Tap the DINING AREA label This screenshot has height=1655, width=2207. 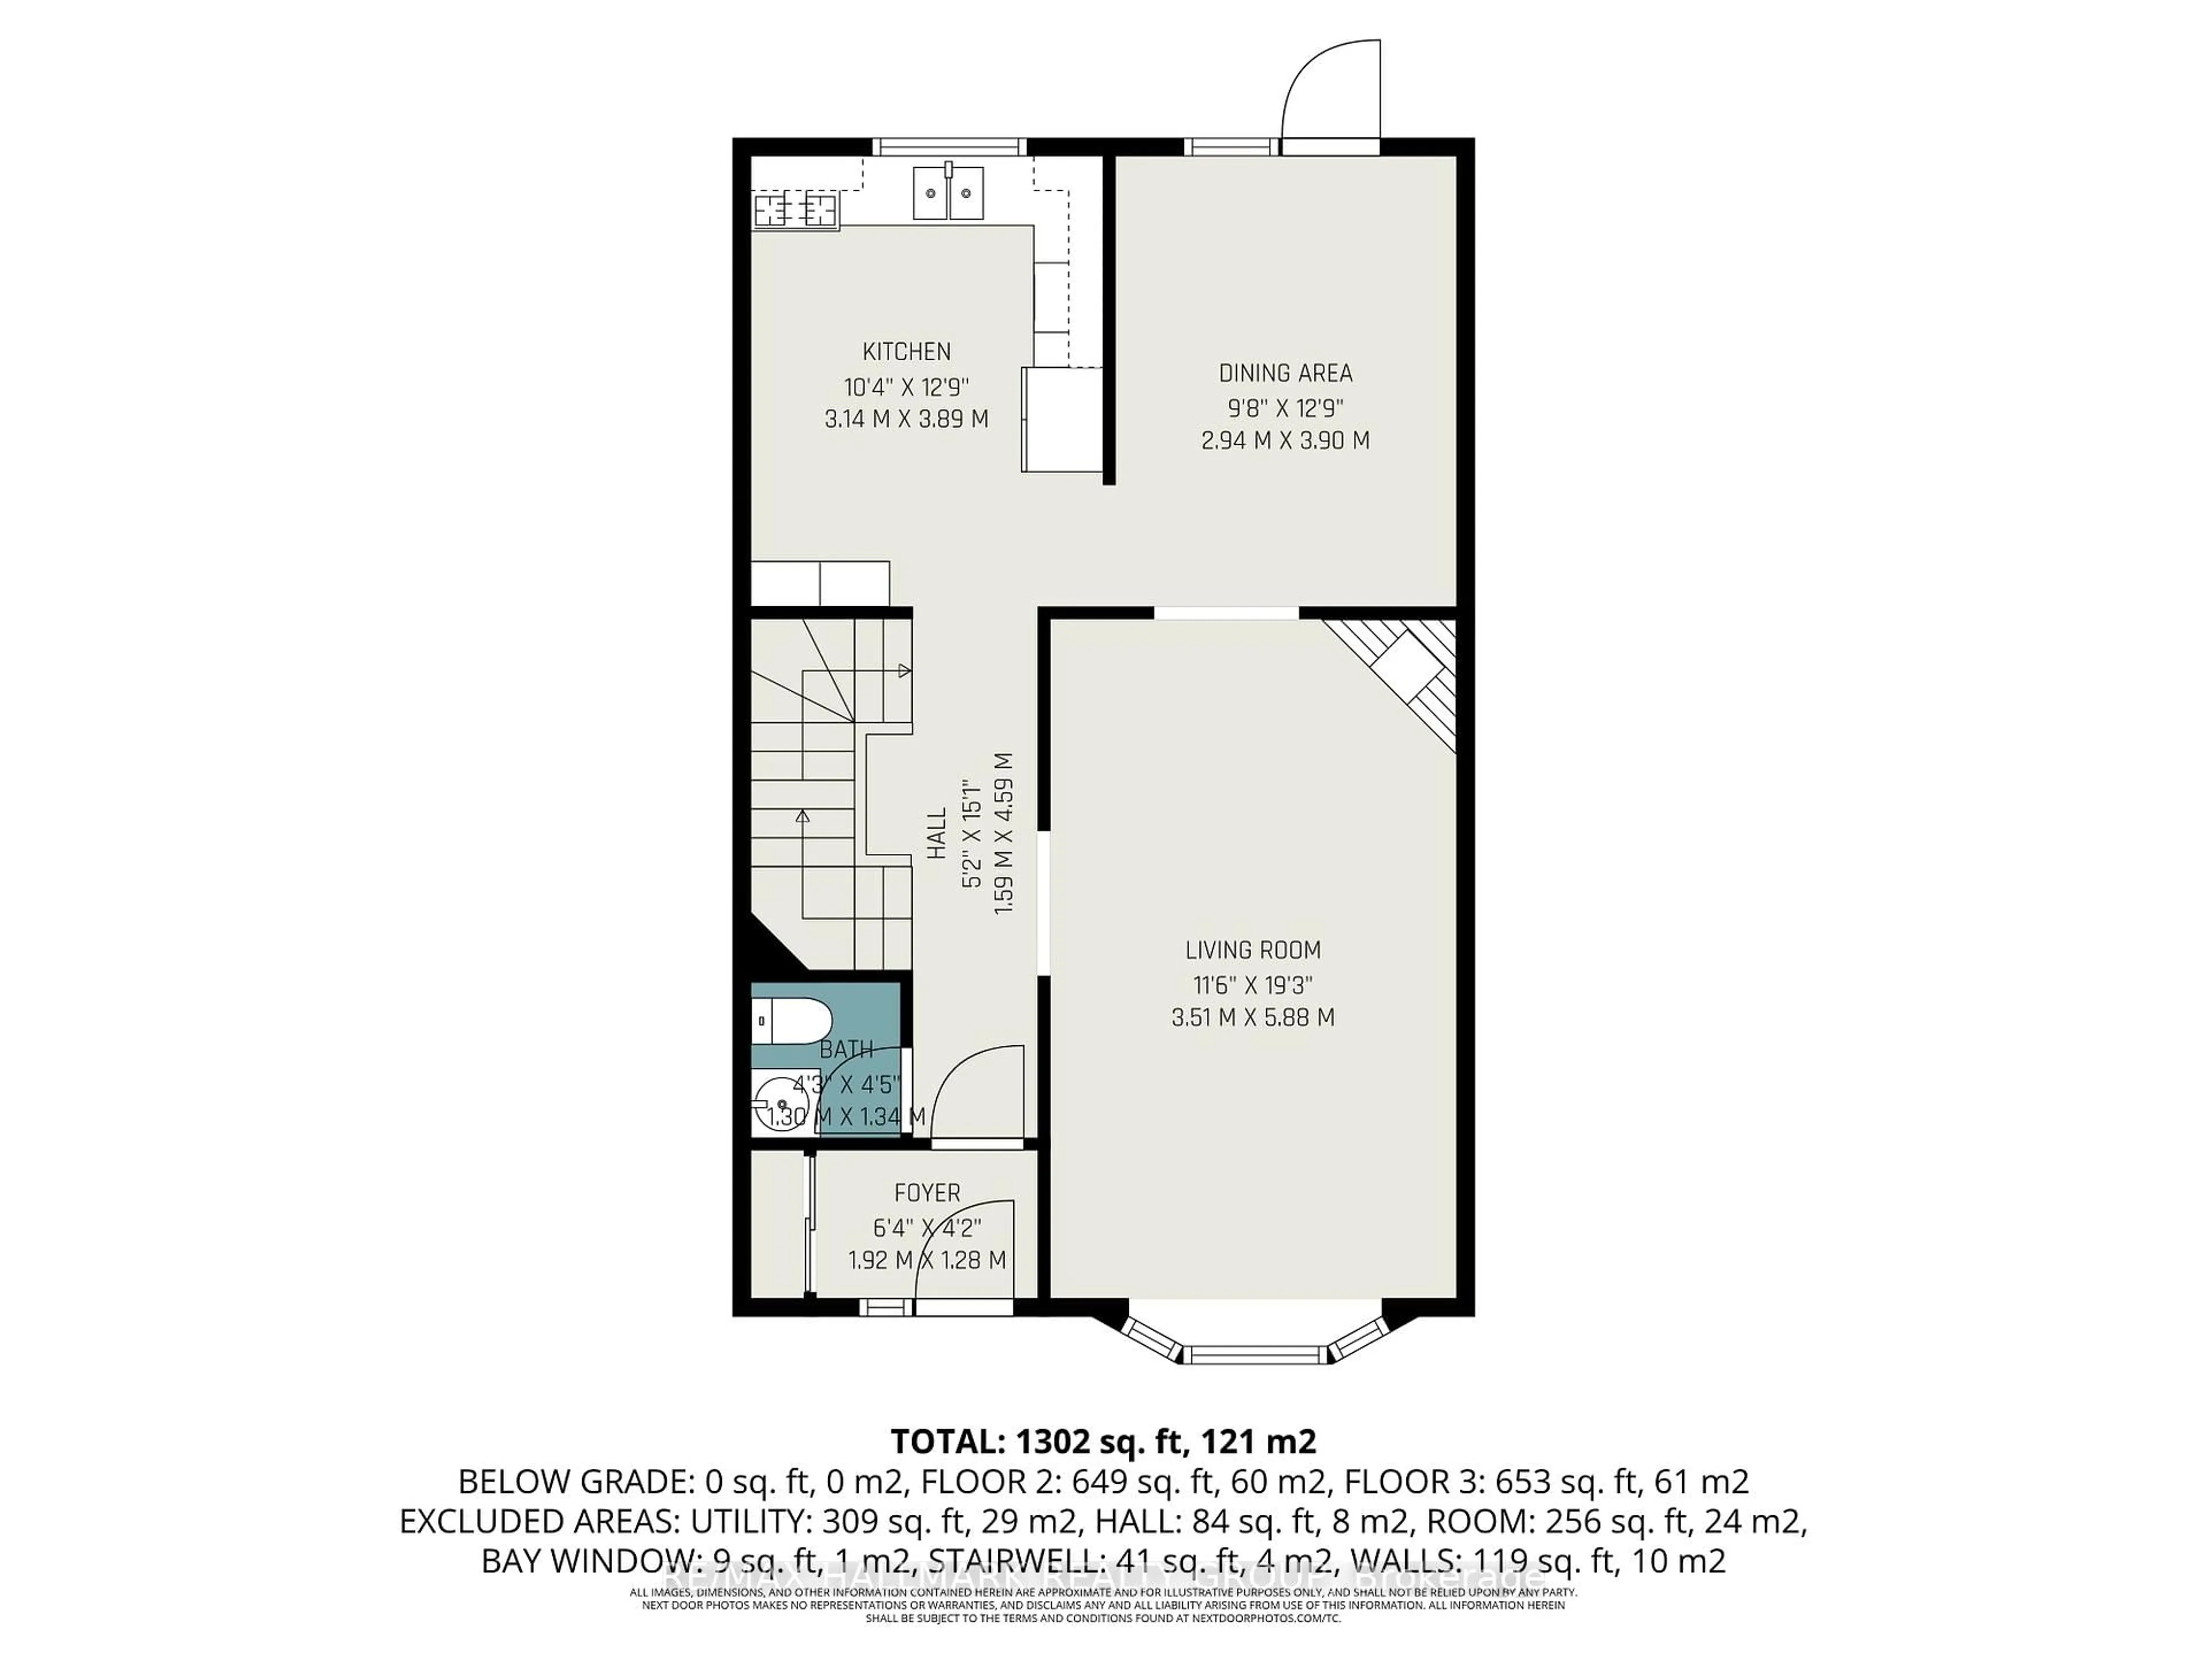(1285, 373)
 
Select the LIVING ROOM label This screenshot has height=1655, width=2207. (1252, 950)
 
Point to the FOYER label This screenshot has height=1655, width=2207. (927, 1193)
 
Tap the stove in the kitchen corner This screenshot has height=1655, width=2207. (795, 210)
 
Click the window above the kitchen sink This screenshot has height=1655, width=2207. (949, 147)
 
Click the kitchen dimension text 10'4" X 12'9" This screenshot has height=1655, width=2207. (906, 386)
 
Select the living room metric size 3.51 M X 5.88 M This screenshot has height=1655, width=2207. (1252, 1018)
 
